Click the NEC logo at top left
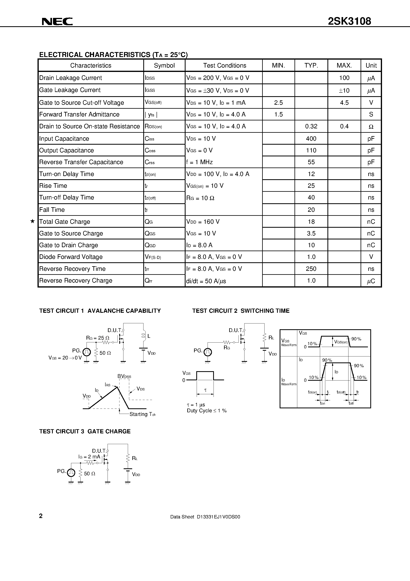click(x=57, y=21)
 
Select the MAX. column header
click(x=344, y=66)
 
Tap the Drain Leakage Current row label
click(x=70, y=78)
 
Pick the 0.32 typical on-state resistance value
click(x=311, y=126)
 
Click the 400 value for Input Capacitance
click(x=311, y=139)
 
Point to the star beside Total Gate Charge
click(x=32, y=221)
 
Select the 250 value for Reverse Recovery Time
click(x=311, y=269)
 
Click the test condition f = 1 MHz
click(x=199, y=162)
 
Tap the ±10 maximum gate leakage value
click(x=344, y=90)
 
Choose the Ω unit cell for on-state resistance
click(x=371, y=127)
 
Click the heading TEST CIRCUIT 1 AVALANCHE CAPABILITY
click(x=100, y=311)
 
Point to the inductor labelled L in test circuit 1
click(x=143, y=336)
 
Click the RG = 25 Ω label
click(x=98, y=338)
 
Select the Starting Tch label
click(x=142, y=414)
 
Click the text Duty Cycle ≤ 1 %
click(x=207, y=411)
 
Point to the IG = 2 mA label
click(x=89, y=457)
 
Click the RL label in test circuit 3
click(x=135, y=458)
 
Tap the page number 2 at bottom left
click(x=41, y=516)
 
